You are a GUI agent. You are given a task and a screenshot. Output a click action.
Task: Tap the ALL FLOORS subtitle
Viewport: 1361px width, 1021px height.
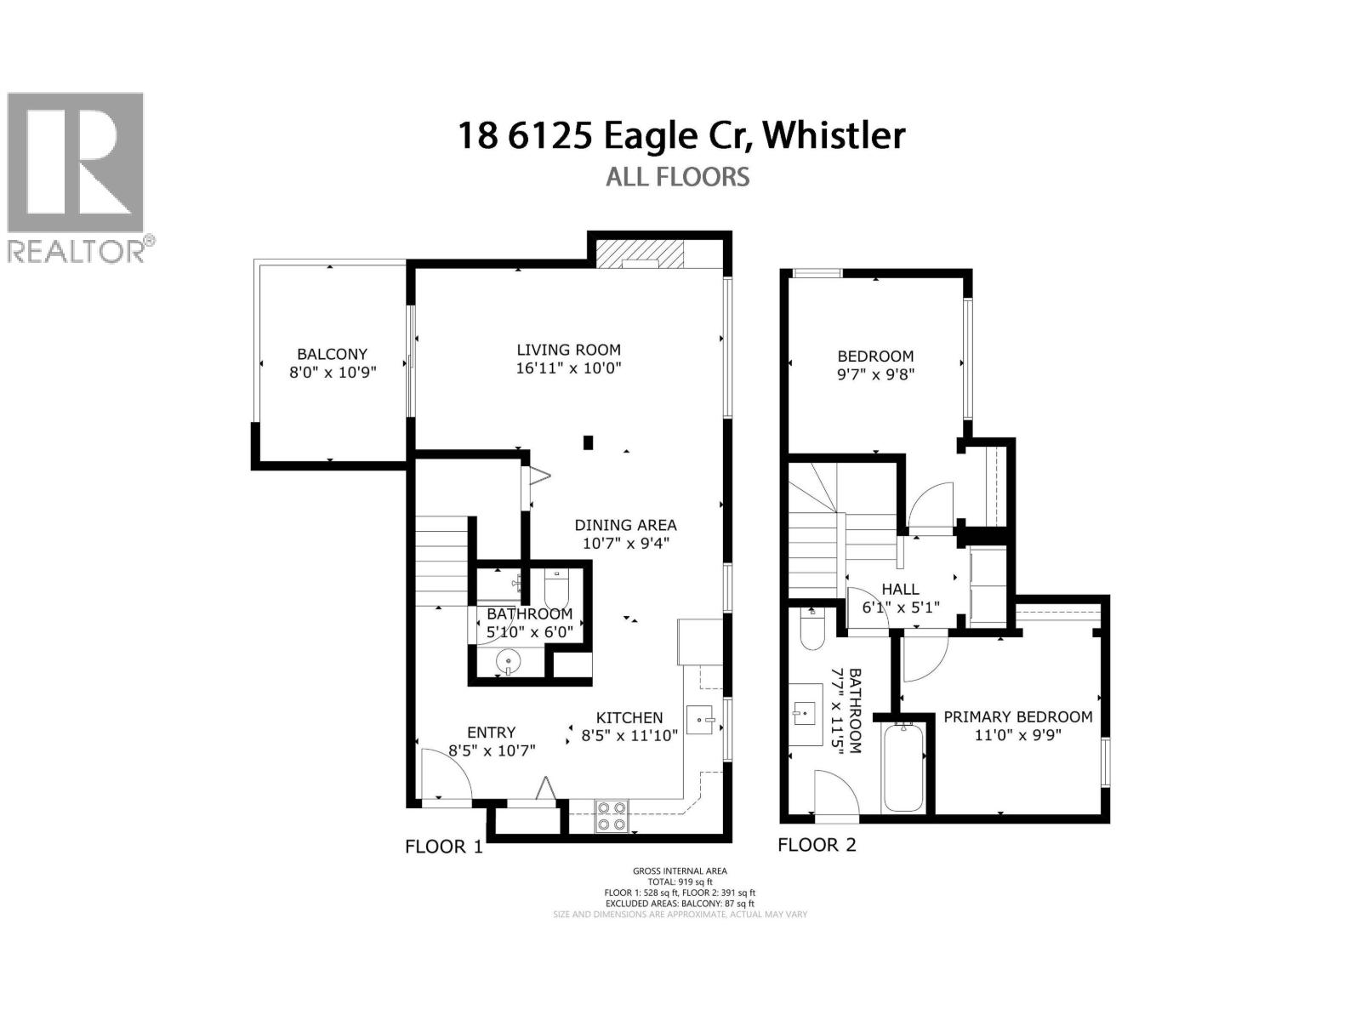coord(677,177)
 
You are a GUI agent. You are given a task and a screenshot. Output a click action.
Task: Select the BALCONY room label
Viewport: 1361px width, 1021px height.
coord(332,354)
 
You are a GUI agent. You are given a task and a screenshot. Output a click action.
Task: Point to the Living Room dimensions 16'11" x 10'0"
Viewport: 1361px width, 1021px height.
coord(569,368)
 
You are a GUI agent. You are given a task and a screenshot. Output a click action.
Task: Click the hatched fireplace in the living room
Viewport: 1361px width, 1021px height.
coord(639,254)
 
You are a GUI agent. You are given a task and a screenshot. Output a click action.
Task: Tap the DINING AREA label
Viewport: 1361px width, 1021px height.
coord(625,525)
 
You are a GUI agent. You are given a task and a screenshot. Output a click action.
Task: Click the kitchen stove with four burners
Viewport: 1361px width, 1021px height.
coord(611,816)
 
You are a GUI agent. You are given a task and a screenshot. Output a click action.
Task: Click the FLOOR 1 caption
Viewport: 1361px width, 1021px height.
coord(443,847)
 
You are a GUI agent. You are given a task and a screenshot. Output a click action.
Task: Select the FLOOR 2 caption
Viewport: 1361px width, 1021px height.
coord(817,845)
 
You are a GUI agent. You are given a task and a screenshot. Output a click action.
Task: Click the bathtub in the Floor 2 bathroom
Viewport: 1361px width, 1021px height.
coord(903,767)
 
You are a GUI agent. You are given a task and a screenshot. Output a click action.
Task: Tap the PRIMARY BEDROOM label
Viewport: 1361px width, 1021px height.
coord(1017,716)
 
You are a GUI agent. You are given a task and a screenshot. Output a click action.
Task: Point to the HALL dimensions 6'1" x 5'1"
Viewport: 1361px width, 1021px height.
coord(900,607)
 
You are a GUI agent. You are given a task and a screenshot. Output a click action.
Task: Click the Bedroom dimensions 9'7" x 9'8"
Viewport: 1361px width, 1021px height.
coord(875,374)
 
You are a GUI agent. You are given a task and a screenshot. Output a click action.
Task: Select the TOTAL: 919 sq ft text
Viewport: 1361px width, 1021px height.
coord(679,881)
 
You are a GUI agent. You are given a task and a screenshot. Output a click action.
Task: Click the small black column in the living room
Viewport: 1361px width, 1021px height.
coord(588,442)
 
